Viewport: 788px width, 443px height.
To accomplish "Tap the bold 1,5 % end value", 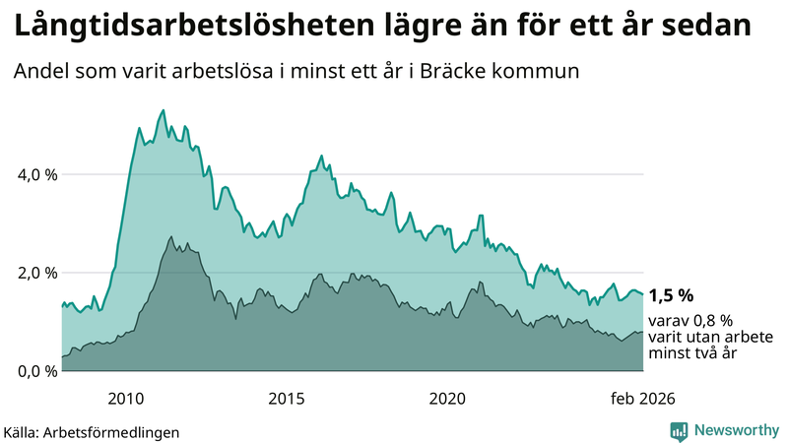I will (x=672, y=295).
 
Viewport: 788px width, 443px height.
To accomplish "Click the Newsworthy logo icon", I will (x=679, y=430).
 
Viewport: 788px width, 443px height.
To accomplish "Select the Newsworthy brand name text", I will (x=735, y=430).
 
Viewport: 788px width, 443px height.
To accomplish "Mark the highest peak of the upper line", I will (x=163, y=109).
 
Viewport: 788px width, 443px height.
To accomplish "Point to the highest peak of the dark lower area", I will (x=171, y=236).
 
